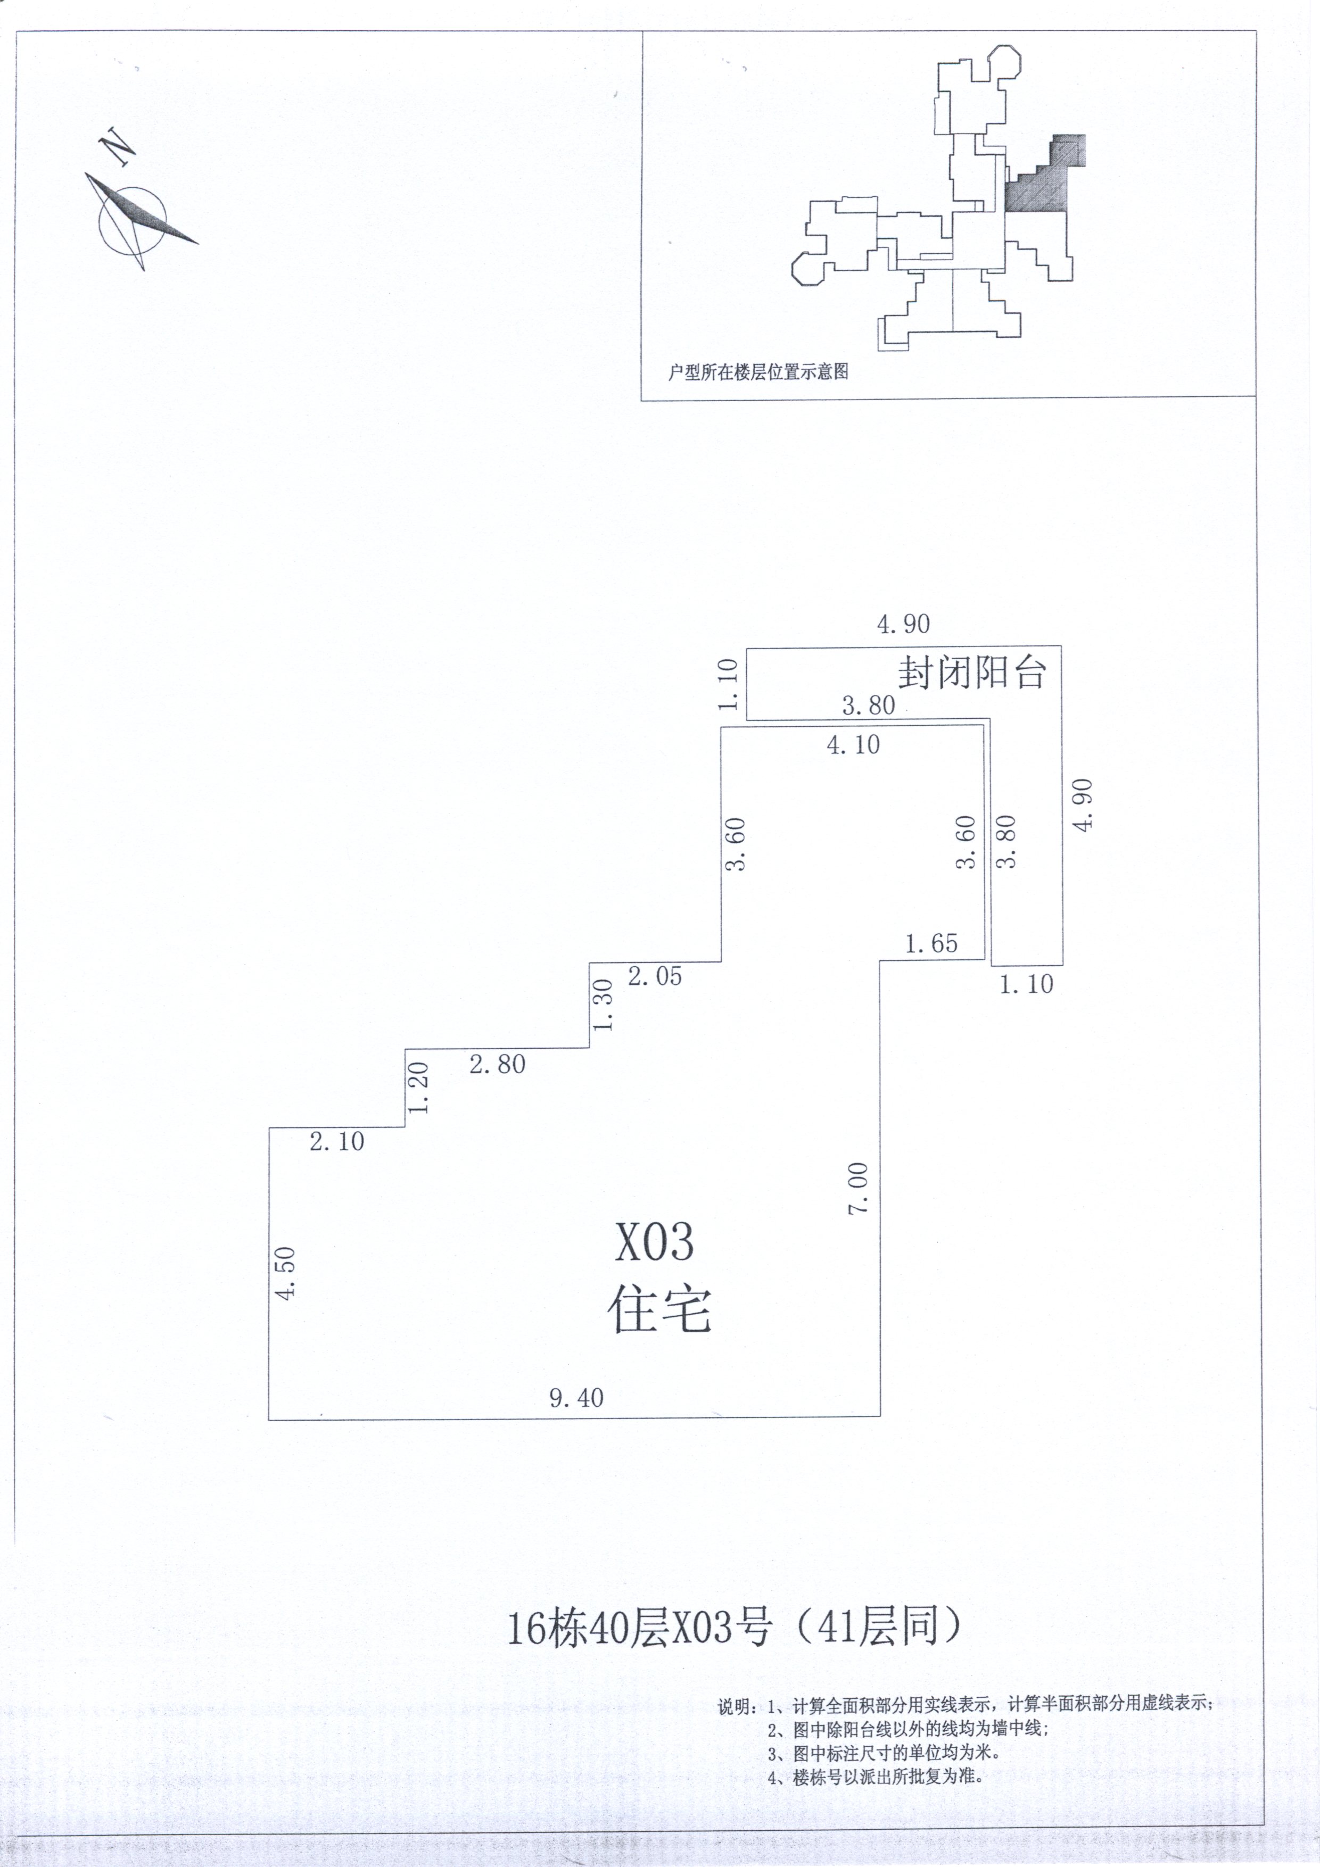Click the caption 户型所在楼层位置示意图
point(758,371)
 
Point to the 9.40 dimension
point(576,1398)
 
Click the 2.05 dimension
point(655,976)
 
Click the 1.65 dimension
point(931,943)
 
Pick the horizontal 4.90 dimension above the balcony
point(903,625)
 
